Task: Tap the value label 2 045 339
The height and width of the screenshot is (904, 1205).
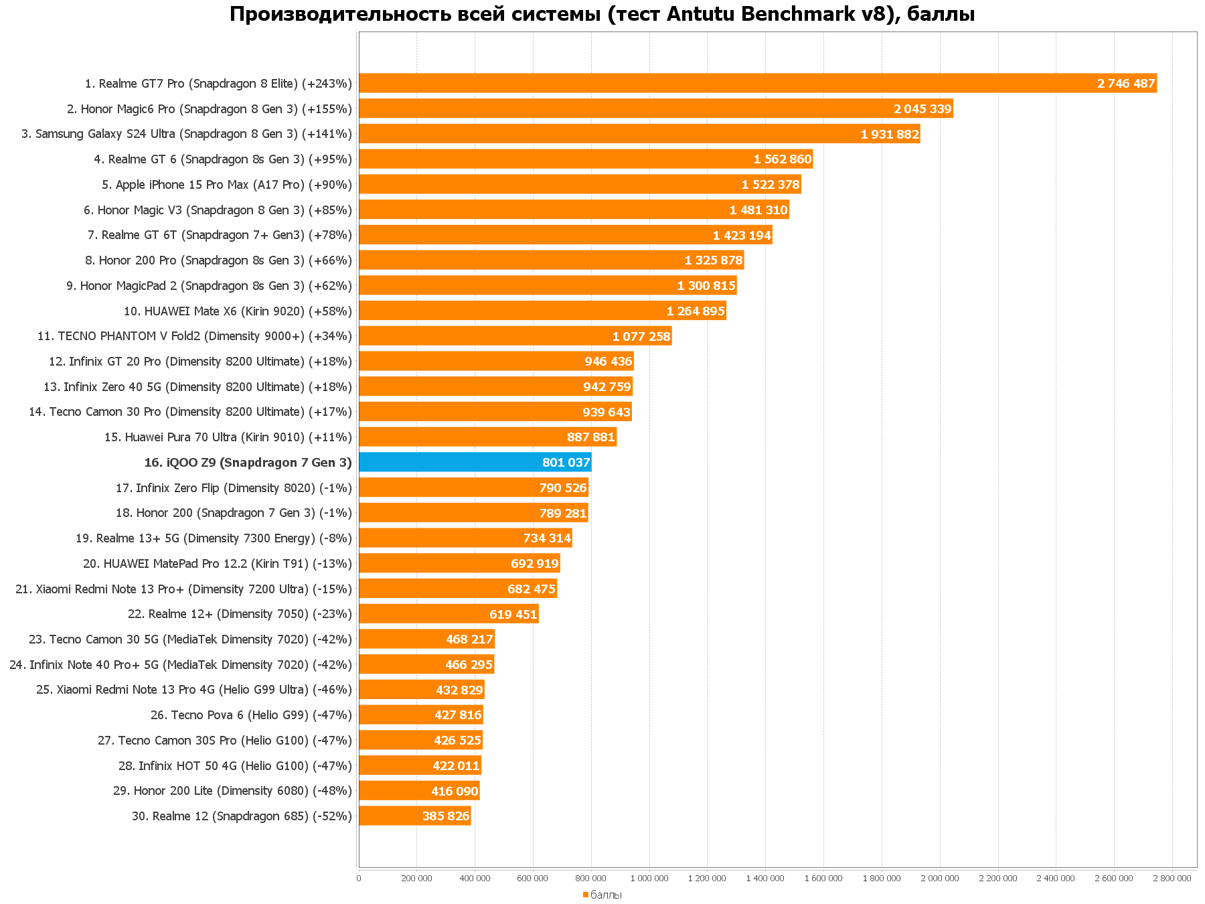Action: (922, 109)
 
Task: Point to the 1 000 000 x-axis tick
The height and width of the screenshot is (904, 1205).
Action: (649, 878)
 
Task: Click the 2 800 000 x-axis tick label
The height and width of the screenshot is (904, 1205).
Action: (1172, 878)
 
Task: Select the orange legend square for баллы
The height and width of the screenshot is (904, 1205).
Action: (585, 895)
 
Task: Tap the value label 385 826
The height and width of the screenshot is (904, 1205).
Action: (445, 816)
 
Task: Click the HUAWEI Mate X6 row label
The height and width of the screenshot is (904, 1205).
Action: (238, 311)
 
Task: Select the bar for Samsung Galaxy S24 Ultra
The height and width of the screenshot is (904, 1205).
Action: (602, 134)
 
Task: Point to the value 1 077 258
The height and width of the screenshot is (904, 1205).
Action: (641, 337)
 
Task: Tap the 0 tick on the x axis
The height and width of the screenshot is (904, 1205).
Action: (359, 878)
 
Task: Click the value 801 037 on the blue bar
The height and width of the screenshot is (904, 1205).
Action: (566, 463)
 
